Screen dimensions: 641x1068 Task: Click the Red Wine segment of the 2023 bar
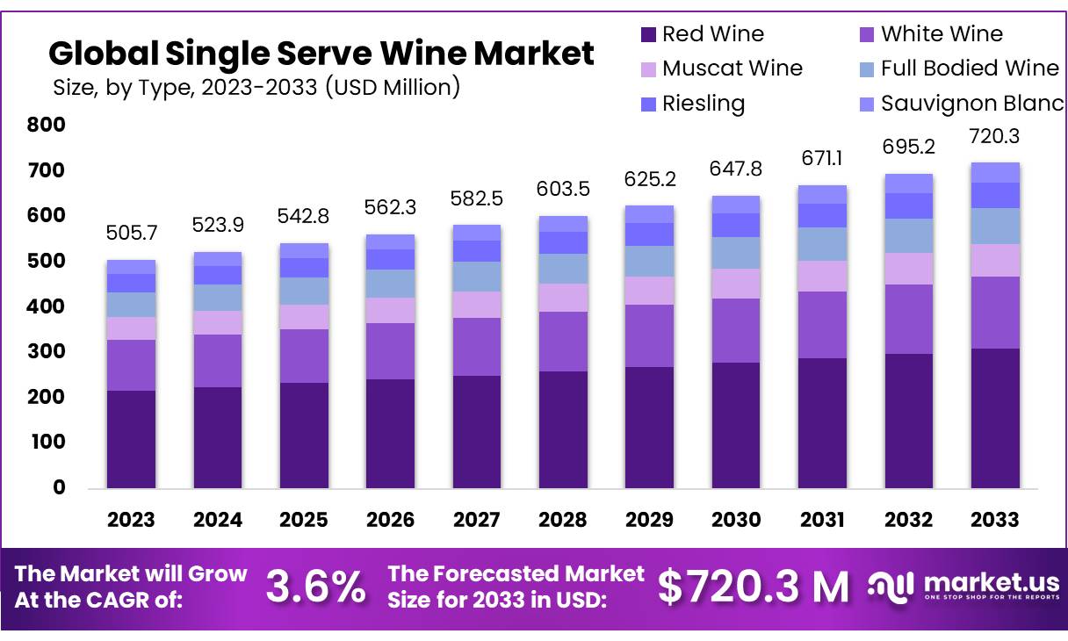131,439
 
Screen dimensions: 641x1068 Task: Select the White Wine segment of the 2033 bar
994,313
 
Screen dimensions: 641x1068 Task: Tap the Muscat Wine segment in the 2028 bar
563,298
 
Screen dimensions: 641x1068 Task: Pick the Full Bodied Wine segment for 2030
736,253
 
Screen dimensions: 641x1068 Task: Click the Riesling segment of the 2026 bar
390,259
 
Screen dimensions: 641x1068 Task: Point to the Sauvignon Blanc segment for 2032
908,183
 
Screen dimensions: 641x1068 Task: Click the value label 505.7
131,234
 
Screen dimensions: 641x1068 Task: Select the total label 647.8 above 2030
736,169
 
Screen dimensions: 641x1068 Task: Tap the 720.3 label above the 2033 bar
994,136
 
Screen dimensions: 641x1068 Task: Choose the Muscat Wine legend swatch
649,69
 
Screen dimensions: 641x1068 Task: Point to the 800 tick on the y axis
47,126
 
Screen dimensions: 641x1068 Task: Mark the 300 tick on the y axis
47,352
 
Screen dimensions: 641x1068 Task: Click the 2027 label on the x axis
477,520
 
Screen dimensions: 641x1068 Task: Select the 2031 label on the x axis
822,520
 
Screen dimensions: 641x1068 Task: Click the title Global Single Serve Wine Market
321,54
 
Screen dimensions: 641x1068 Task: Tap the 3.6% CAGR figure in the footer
315,587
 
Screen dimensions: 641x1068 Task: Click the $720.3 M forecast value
754,587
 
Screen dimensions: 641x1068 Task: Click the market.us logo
964,586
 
